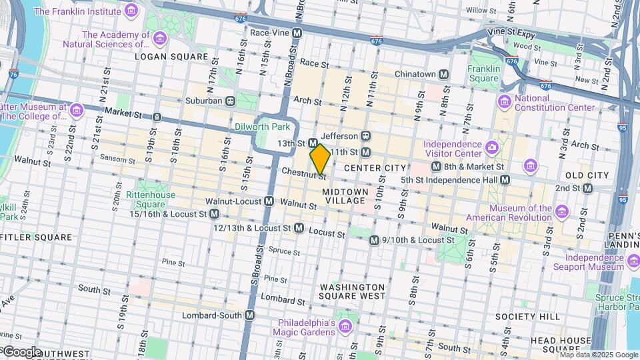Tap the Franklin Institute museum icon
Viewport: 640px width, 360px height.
(131, 11)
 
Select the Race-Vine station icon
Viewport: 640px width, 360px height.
(297, 32)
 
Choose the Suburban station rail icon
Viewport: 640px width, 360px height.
(230, 101)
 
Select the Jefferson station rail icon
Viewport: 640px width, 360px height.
(366, 135)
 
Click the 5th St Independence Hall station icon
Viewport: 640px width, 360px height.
(505, 179)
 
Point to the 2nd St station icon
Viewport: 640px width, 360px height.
(587, 188)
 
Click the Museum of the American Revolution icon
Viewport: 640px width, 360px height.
(562, 212)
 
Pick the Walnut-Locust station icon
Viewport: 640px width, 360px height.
(269, 201)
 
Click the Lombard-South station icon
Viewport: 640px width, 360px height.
(250, 315)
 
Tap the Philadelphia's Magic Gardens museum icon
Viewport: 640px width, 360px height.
(345, 325)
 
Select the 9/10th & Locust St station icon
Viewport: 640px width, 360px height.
(374, 240)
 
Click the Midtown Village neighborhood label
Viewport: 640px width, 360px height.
(344, 195)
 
